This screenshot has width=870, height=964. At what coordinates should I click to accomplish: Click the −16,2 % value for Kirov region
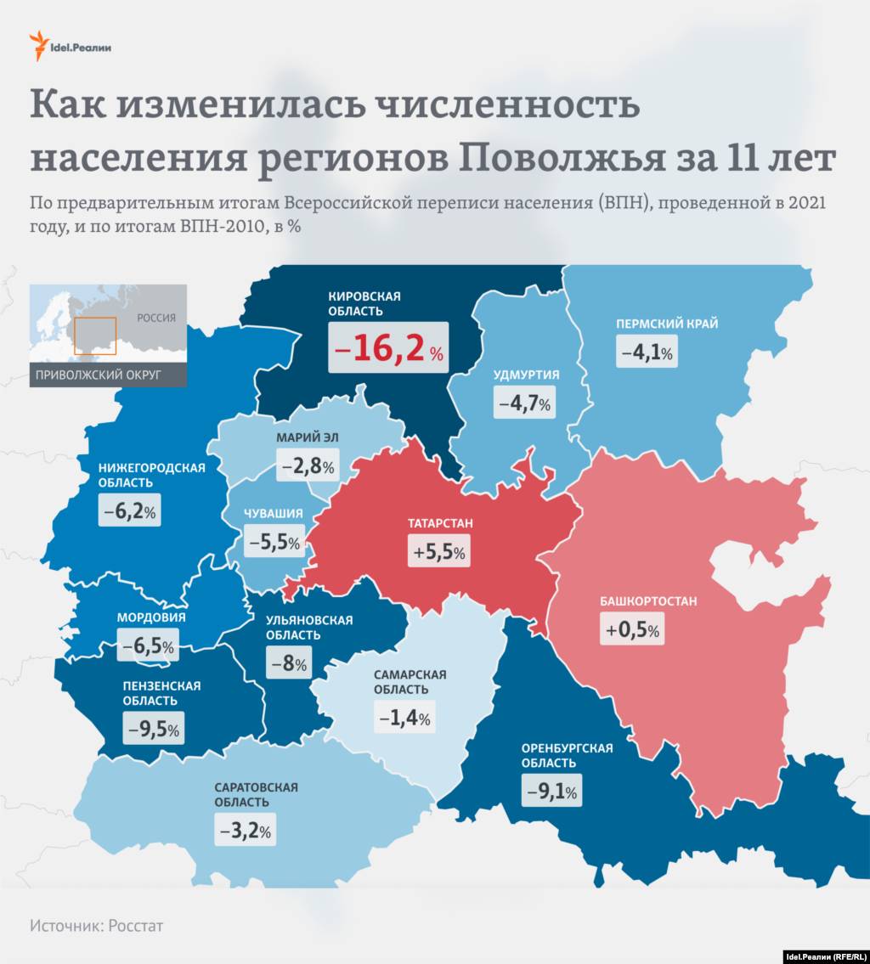(x=389, y=348)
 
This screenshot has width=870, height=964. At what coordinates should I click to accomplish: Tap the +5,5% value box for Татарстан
(x=438, y=552)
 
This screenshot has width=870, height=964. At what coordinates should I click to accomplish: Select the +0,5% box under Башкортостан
(x=633, y=630)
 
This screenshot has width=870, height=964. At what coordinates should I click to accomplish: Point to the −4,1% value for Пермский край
(x=647, y=352)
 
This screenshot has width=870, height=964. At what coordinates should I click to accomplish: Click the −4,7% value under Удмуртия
(x=523, y=403)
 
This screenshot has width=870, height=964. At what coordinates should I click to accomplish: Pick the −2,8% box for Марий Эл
(x=308, y=465)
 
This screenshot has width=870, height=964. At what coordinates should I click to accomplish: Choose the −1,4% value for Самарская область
(x=404, y=718)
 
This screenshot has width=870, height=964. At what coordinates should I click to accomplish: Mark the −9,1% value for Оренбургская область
(x=551, y=792)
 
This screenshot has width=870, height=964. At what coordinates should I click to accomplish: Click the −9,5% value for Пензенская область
(x=153, y=728)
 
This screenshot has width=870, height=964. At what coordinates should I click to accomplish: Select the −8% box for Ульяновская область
(x=289, y=663)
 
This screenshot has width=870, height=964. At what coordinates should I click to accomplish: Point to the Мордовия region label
(x=153, y=617)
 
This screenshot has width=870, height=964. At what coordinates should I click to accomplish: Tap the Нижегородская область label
(x=151, y=475)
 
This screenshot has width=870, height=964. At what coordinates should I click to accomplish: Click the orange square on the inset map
(x=94, y=335)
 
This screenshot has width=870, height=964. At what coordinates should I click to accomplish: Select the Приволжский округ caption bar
(x=108, y=375)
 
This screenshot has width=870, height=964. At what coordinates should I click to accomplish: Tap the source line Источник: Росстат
(x=96, y=925)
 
